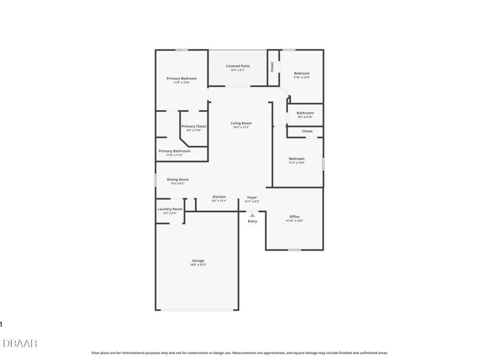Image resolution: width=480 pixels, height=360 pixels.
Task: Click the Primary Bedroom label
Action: click(181, 78)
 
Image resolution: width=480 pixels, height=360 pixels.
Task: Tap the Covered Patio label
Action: click(237, 66)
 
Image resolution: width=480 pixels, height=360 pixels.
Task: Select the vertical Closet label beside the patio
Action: click(272, 67)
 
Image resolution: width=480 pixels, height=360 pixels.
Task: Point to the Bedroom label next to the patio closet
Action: click(301, 74)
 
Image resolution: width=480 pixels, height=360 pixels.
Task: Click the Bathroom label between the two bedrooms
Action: click(305, 113)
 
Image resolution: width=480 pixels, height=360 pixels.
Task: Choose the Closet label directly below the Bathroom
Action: click(307, 131)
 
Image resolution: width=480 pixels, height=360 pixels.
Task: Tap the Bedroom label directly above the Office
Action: click(297, 158)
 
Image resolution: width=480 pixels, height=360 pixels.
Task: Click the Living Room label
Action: click(241, 123)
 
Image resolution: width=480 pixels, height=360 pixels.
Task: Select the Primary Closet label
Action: click(194, 126)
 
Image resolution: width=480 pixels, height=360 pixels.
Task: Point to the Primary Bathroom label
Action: click(174, 151)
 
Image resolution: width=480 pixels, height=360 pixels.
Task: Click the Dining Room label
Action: click(178, 180)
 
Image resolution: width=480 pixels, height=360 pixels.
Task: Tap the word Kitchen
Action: click(219, 197)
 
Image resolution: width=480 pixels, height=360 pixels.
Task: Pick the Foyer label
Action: click(252, 197)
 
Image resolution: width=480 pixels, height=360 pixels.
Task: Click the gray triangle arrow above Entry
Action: click(252, 215)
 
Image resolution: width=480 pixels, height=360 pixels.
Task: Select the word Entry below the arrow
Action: click(252, 221)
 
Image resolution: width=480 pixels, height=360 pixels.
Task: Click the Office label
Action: click(294, 217)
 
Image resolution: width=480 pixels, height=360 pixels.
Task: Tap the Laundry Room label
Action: click(170, 209)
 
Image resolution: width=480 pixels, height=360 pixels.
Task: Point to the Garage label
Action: click(198, 261)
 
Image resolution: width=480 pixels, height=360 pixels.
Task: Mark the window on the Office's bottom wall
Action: click(294, 250)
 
